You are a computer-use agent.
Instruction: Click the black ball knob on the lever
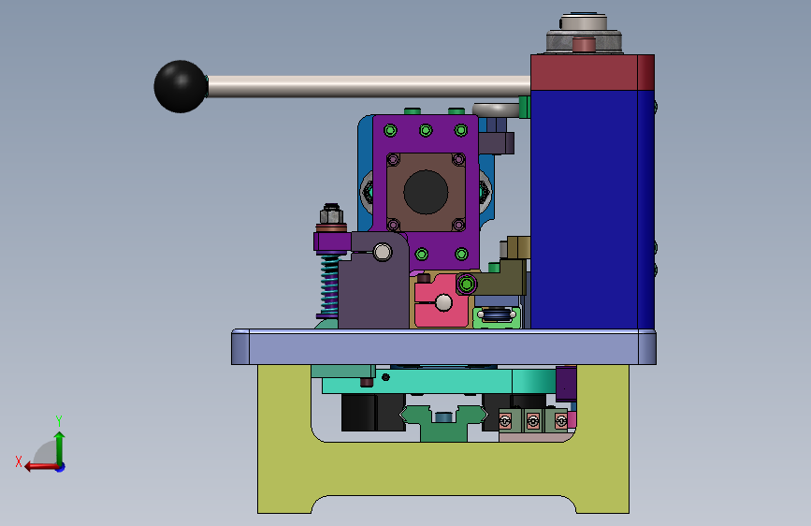(x=180, y=86)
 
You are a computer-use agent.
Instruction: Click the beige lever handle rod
(x=369, y=86)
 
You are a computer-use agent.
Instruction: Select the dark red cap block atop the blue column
(x=592, y=72)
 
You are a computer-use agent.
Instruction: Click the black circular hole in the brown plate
(x=426, y=192)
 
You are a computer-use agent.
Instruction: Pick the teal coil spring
(x=329, y=284)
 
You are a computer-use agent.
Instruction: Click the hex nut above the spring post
(x=331, y=212)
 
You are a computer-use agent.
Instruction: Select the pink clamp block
(x=442, y=300)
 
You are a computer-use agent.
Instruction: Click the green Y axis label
(x=59, y=420)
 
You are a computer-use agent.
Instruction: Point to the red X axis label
(x=19, y=461)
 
